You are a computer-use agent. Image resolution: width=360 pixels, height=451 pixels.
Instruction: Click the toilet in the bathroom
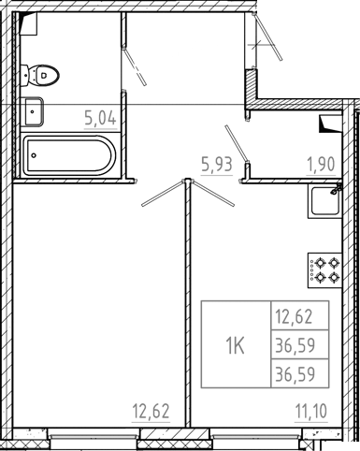43,69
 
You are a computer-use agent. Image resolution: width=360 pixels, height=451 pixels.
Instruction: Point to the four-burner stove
326,270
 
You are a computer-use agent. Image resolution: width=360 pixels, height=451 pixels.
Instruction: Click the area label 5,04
99,118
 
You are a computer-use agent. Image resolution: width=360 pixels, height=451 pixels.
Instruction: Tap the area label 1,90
323,166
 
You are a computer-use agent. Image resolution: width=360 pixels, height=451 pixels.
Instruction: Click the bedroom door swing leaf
163,191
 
